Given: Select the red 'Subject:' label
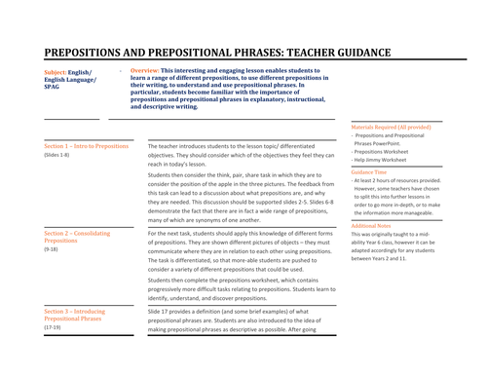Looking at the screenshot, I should pyautogui.click(x=56, y=72).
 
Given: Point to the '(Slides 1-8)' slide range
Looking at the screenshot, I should pyautogui.click(x=57, y=155).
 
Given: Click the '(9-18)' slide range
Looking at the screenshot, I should pyautogui.click(x=52, y=251).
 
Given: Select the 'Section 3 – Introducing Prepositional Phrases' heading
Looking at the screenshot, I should pyautogui.click(x=83, y=312).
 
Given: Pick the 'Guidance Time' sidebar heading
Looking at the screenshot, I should pyautogui.click(x=369, y=171).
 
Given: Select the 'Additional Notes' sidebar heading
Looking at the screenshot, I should pyautogui.click(x=372, y=225).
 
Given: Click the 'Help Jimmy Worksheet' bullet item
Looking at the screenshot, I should pyautogui.click(x=387, y=161).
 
